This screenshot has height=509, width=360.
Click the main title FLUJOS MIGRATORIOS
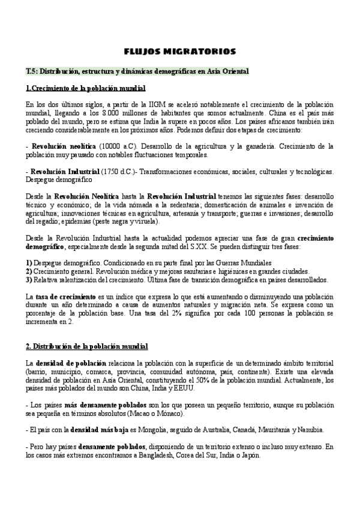[x=179, y=51]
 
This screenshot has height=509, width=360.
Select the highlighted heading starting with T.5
[x=137, y=71]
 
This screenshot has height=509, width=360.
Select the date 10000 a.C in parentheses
[x=118, y=146]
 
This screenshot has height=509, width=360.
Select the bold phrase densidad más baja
[x=98, y=430]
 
